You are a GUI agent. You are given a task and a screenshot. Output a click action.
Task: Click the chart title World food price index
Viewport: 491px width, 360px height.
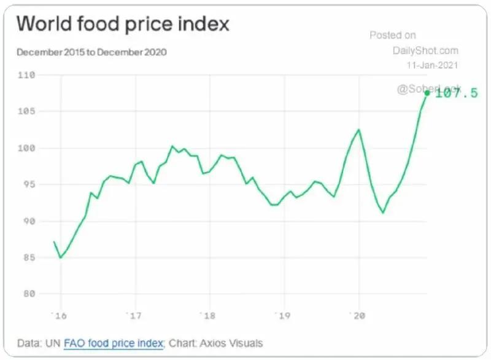click(x=123, y=24)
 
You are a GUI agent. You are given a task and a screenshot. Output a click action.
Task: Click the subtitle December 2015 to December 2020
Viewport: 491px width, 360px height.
click(x=92, y=52)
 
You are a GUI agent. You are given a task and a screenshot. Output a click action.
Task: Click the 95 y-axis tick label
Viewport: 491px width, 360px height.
click(x=28, y=184)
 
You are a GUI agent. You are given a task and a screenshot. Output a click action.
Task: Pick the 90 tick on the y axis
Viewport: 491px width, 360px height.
click(x=28, y=221)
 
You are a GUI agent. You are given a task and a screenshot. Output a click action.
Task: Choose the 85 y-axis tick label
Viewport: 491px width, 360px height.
click(x=28, y=257)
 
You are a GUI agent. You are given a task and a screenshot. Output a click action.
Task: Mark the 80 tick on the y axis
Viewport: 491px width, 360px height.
click(x=28, y=294)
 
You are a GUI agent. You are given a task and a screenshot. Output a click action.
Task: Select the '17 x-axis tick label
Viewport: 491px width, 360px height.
click(x=134, y=316)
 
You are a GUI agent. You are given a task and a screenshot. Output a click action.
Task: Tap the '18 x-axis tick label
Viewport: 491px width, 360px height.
click(x=209, y=316)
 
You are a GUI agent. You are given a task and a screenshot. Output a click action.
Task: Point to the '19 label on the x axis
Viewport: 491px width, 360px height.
click(x=282, y=316)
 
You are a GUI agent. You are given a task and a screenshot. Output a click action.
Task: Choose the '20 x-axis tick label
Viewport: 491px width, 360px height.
click(x=357, y=316)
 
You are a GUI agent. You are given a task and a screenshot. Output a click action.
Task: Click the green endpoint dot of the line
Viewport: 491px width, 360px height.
click(x=427, y=93)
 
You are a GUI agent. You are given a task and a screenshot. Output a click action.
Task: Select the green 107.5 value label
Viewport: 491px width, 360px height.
click(x=456, y=94)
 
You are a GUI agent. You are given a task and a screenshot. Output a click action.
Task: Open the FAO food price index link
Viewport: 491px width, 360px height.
click(x=114, y=343)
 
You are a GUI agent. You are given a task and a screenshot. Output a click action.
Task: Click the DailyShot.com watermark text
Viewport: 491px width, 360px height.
click(x=425, y=50)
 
